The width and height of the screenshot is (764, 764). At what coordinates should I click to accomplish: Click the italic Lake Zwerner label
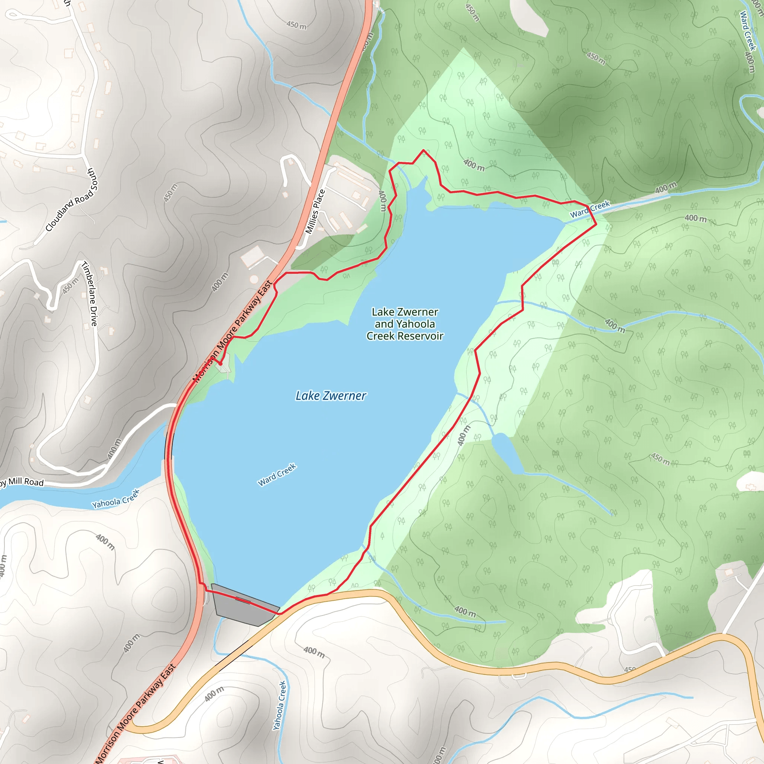coord(331,396)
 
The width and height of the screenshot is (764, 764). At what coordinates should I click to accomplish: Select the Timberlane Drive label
coord(90,294)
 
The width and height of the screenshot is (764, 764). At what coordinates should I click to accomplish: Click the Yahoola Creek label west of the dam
coord(116,499)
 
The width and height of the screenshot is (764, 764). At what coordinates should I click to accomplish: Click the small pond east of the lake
coord(507,453)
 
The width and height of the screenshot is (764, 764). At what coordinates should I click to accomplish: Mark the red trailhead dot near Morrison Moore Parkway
coord(221,364)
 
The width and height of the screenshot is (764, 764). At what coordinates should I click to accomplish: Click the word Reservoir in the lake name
coord(420,336)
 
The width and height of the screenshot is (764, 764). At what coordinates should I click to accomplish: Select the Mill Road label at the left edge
coord(24,482)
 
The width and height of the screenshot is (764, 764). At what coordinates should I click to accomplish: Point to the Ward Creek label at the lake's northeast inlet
coord(590,210)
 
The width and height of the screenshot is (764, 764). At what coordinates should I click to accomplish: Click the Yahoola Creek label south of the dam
coord(279,705)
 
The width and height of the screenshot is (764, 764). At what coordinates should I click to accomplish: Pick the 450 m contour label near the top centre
coord(296,25)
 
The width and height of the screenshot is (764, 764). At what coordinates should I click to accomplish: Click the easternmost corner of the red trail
coord(596,224)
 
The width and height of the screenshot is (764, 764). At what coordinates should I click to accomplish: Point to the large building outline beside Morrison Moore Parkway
coord(252,256)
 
